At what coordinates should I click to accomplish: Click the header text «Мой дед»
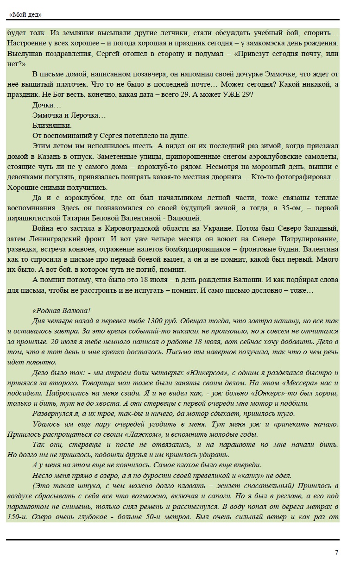click(25, 14)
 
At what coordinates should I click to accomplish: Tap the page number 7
click(336, 552)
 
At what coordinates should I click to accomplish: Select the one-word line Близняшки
click(52, 126)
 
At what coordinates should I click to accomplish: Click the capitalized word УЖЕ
click(227, 94)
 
